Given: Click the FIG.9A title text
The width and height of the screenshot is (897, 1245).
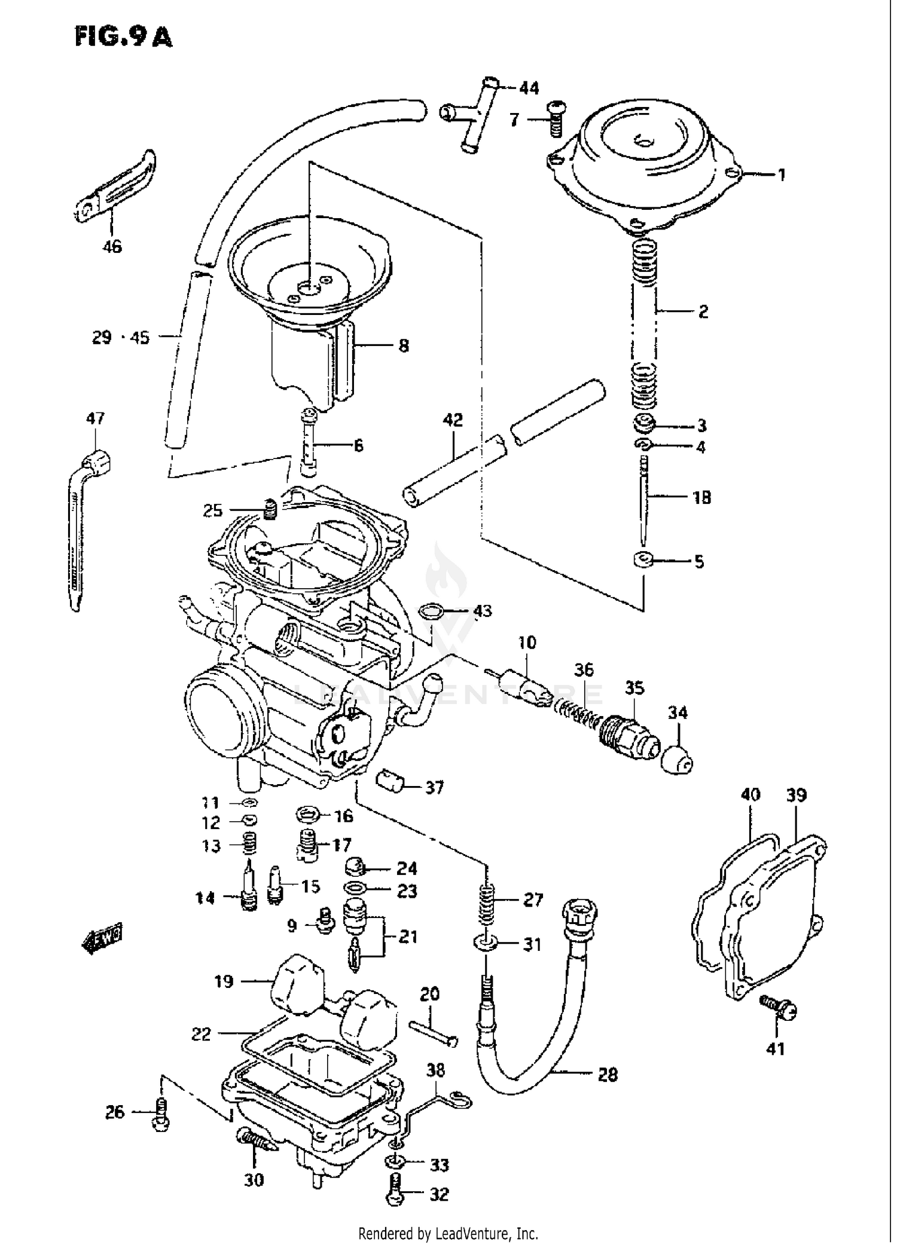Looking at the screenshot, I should [x=124, y=37].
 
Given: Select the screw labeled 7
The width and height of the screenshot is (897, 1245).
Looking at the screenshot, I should [x=556, y=120].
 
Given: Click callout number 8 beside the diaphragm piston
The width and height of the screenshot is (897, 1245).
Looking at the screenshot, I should [x=404, y=345].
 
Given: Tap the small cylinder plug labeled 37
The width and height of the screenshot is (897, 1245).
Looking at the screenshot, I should [x=390, y=781].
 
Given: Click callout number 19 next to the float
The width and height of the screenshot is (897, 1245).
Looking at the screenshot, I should [x=224, y=982].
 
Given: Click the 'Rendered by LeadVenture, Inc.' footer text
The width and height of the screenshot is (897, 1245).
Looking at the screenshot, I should [x=448, y=1233].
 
